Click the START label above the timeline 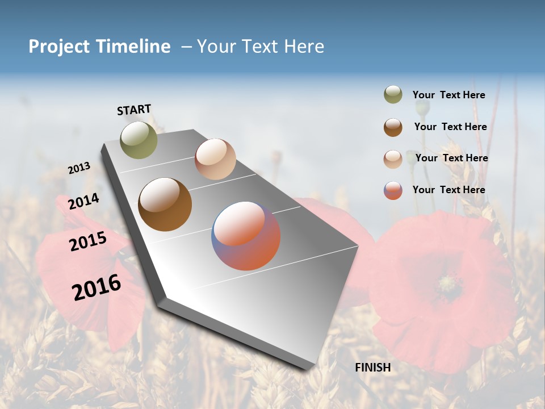pos(134,110)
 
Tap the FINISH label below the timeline pos(372,368)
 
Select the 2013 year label pos(79,168)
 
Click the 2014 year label pos(83,202)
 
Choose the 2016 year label pos(97,287)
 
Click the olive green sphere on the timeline pos(139,140)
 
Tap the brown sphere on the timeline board pos(165,204)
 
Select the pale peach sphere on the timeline pos(215,159)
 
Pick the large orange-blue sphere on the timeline pos(246,236)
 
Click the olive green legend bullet pos(393,95)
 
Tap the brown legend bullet pos(393,127)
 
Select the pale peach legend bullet pos(393,158)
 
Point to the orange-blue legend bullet pos(393,190)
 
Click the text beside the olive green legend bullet pos(448,95)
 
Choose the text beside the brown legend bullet pos(450,127)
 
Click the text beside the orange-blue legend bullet pos(448,190)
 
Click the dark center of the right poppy pos(449,282)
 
